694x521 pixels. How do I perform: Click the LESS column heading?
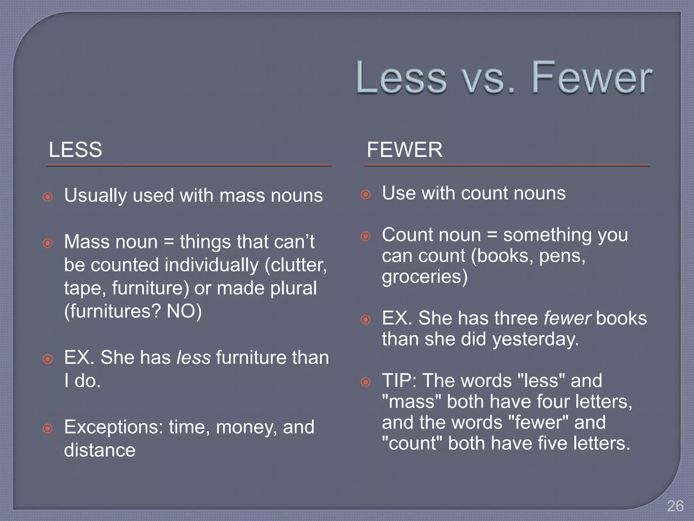pos(75,150)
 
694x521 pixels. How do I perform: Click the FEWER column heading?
pos(405,150)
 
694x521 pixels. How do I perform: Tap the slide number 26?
pos(675,506)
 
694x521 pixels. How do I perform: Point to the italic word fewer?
pos(567,318)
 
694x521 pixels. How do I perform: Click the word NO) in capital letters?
pos(184,311)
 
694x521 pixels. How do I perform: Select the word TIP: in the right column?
pos(399,381)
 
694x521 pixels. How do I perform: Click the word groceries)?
pos(425,277)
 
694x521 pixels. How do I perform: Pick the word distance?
pos(100,450)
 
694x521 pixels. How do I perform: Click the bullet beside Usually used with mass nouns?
pos(48,197)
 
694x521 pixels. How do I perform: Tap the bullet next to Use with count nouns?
pos(366,194)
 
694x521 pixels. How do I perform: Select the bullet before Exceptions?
pos(48,428)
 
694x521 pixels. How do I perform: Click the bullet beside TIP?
pos(366,382)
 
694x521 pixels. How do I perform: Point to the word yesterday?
pos(535,339)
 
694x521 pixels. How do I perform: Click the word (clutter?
pos(295,265)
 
